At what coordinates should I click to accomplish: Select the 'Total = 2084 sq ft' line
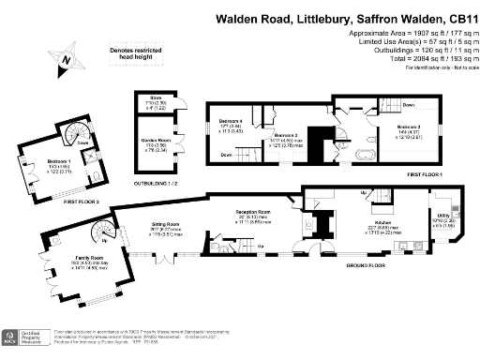(425, 58)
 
